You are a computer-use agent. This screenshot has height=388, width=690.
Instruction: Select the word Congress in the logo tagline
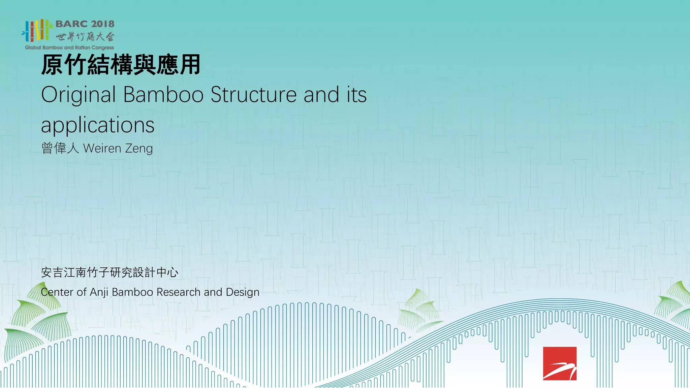coord(102,48)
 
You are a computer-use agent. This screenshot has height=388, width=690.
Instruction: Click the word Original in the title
coord(79,95)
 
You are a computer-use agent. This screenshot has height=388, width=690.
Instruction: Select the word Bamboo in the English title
coord(163,95)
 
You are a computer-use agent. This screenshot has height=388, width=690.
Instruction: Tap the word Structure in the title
coord(253,95)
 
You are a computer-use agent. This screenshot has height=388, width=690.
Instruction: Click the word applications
coord(98,125)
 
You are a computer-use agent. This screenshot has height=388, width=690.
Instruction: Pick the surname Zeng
coord(138,149)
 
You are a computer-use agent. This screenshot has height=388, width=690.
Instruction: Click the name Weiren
coord(102,148)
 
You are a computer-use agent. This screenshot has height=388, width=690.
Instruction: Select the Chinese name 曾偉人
coord(60,148)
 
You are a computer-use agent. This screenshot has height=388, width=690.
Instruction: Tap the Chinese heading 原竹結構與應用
coord(121,65)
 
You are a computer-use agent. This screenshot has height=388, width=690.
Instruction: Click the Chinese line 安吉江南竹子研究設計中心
coord(109,272)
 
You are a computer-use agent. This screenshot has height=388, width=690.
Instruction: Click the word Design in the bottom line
coord(243,292)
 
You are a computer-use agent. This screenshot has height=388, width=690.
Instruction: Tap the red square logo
coord(560,363)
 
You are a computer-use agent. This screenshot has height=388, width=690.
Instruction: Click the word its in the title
coord(356,95)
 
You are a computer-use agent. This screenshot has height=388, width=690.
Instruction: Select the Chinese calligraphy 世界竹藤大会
coord(85,36)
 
